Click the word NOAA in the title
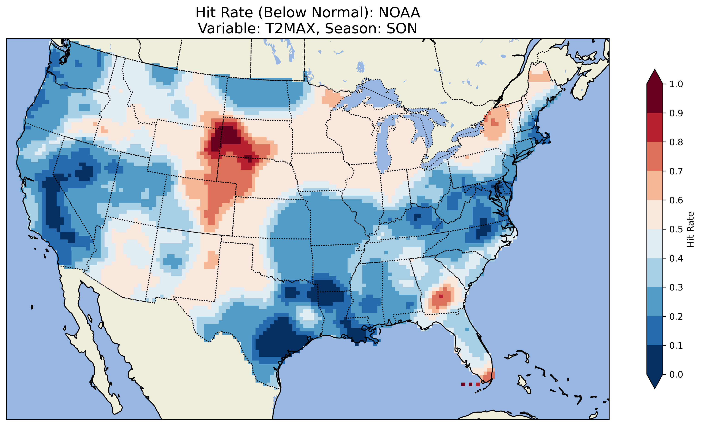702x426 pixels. [x=399, y=13]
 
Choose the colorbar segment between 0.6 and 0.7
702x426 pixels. [x=655, y=185]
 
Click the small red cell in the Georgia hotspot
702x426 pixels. [x=441, y=297]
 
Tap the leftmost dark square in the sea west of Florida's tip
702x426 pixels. [x=463, y=384]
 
